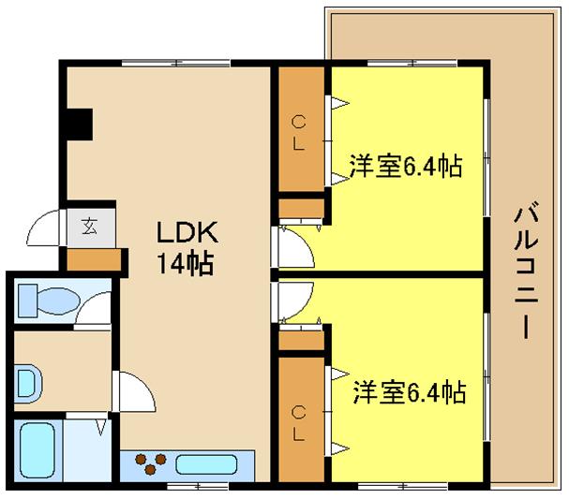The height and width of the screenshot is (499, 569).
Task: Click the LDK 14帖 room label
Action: pyautogui.click(x=187, y=247)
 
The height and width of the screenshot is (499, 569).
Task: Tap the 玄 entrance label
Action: pyautogui.click(x=89, y=227)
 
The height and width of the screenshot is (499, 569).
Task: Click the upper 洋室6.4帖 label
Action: pyautogui.click(x=406, y=166)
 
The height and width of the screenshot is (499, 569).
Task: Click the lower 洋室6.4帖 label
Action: pyautogui.click(x=410, y=392)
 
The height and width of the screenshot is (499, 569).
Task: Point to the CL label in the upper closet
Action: pyautogui.click(x=298, y=133)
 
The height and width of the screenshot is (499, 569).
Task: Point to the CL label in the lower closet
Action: pyautogui.click(x=298, y=423)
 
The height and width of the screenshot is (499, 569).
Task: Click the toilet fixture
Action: pyautogui.click(x=49, y=301)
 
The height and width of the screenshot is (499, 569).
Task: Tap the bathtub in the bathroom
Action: pyautogui.click(x=37, y=450)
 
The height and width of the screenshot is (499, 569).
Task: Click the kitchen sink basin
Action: pyautogui.click(x=206, y=464)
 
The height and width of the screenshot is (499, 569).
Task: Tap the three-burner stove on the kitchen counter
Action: pyautogui.click(x=151, y=464)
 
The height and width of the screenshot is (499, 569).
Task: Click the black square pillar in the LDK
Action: pyautogui.click(x=80, y=125)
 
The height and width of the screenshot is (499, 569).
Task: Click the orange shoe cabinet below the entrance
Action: pyautogui.click(x=94, y=259)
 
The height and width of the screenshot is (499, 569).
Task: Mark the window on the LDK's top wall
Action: pyautogui.click(x=175, y=63)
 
